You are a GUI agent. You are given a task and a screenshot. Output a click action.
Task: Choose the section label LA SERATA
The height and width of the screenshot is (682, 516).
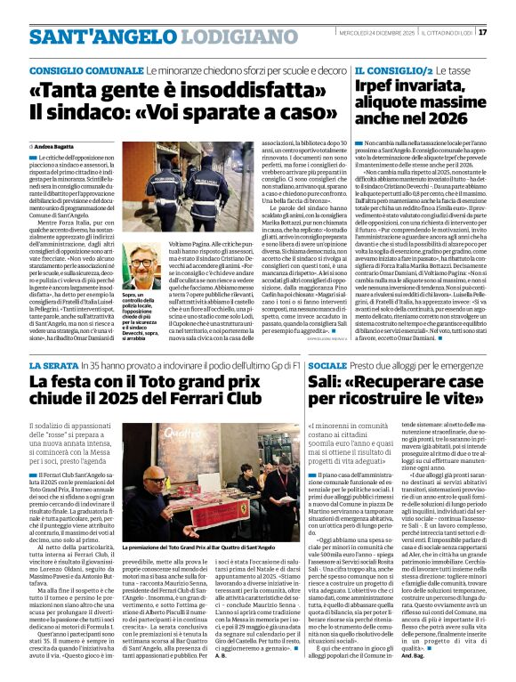click(53, 366)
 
